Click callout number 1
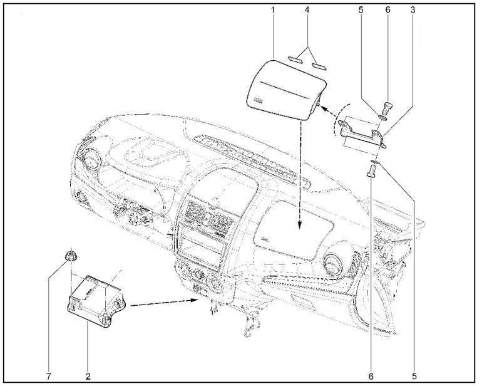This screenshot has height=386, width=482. point(273,10)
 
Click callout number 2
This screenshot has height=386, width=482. point(88,377)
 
